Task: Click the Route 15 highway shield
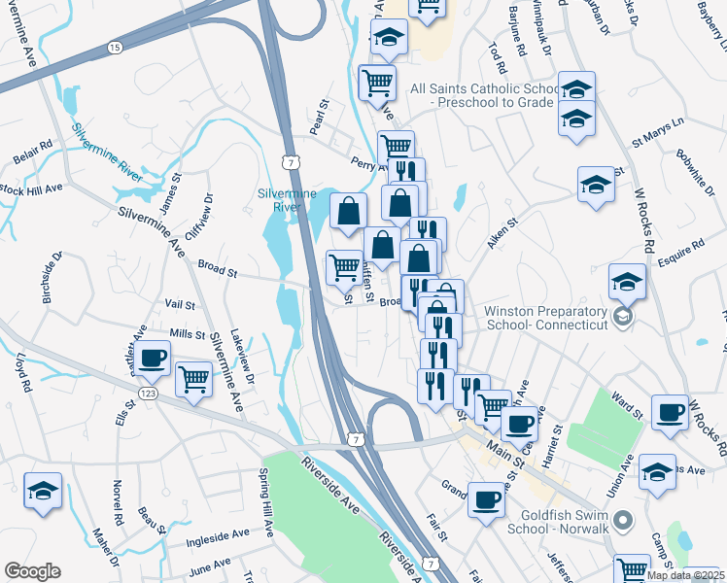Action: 116,47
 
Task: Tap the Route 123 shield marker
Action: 148,392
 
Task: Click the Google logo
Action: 32,571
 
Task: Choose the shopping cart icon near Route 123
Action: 194,377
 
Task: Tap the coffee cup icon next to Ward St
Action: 670,412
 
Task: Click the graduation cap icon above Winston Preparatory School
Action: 628,283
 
